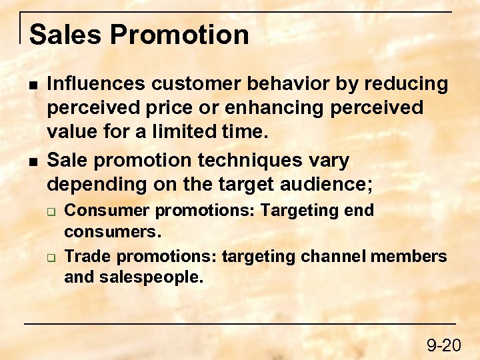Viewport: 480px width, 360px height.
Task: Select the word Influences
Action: tap(96, 84)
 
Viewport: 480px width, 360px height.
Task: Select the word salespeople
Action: tap(151, 277)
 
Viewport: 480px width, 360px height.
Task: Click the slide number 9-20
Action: tap(444, 345)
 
